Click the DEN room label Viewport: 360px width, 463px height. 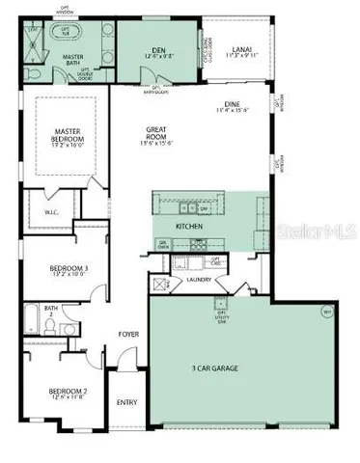click(x=157, y=50)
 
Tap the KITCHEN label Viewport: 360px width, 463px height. click(x=189, y=226)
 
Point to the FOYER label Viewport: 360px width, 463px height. click(x=128, y=335)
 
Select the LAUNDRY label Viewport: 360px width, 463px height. click(x=228, y=281)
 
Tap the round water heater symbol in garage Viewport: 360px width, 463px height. click(x=326, y=313)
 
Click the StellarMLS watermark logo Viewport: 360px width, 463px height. click(x=321, y=232)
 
